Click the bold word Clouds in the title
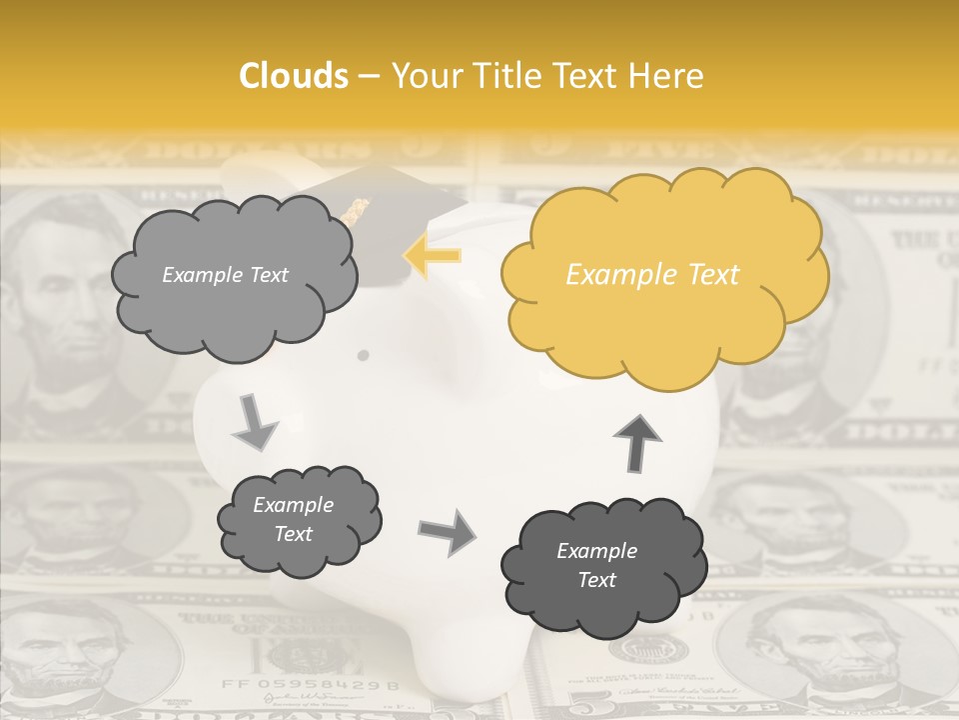tap(294, 76)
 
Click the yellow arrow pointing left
tap(432, 256)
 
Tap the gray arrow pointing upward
tap(636, 442)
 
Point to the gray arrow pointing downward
tap(255, 421)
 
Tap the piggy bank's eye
tap(363, 355)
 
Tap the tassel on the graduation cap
tap(355, 210)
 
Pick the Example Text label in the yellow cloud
tap(652, 275)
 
